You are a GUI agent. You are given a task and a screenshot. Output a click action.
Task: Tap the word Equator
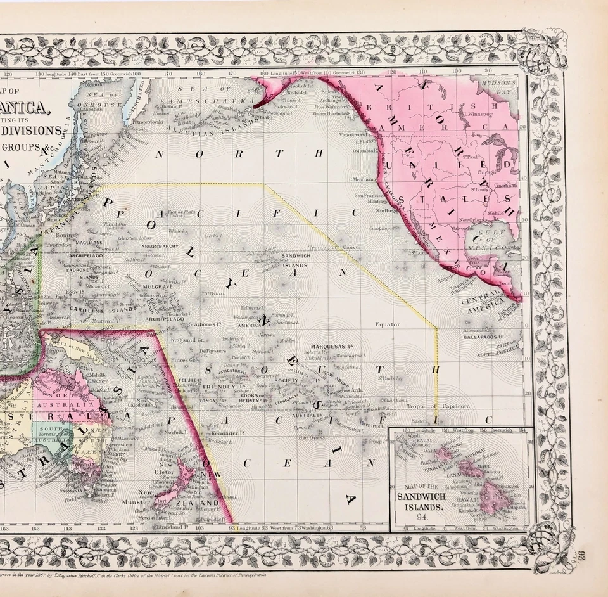coord(387,324)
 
